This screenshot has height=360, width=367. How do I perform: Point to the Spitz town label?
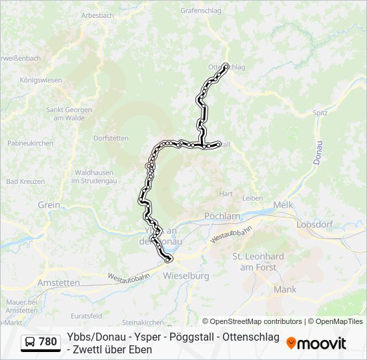320,113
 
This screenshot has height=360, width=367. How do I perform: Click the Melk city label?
283,205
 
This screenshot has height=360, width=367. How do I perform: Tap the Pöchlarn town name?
222,217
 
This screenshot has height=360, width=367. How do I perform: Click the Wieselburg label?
186,275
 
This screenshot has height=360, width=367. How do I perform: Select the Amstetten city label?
59,283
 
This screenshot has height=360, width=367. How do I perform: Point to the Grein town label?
49,205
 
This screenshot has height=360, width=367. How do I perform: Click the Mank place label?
285,289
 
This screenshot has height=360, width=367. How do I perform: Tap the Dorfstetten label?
111,139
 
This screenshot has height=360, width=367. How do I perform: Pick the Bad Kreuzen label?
25,181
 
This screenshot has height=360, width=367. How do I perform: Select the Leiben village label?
252,198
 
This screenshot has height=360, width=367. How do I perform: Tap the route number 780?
47,342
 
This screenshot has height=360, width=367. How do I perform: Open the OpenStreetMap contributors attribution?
252,321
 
